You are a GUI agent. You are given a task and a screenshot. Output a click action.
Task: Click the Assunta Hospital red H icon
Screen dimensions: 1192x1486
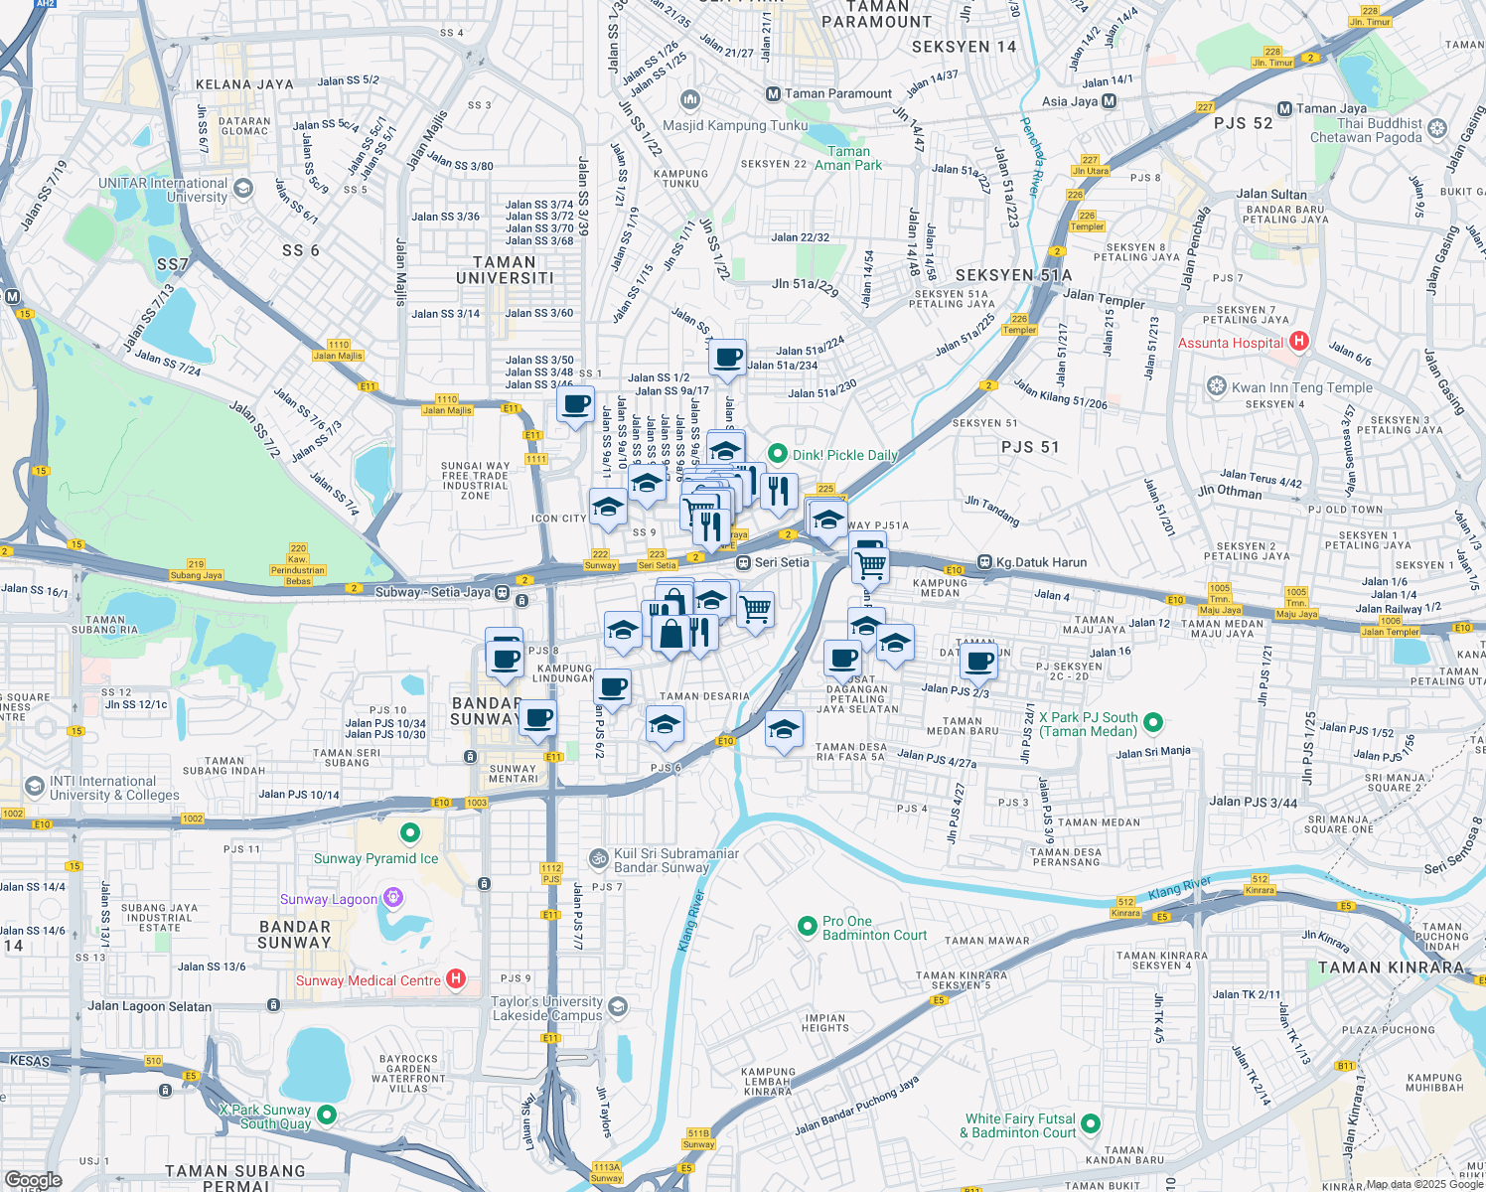[1298, 343]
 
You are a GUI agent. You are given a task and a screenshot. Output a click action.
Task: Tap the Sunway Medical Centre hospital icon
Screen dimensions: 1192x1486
[456, 980]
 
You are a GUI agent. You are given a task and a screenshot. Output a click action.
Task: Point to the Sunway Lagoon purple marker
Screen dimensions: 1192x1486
[393, 899]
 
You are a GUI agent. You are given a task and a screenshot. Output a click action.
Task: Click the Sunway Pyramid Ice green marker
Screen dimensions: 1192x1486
[409, 832]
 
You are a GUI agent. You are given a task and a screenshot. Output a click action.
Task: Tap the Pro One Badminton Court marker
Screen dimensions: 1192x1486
[808, 927]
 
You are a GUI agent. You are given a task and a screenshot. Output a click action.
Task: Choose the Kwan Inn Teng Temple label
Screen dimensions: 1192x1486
[1301, 387]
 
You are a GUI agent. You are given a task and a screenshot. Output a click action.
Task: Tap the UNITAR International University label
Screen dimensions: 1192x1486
[163, 190]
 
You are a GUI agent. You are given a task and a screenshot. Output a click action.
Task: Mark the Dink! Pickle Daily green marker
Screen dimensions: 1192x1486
[779, 454]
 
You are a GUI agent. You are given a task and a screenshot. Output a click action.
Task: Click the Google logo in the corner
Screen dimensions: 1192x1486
[33, 1180]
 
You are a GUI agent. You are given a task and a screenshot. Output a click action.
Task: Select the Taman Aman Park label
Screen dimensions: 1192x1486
[848, 158]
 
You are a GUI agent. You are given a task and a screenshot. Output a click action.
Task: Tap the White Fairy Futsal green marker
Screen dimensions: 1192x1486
[1091, 1123]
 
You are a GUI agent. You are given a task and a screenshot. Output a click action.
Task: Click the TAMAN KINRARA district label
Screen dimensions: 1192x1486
[1390, 968]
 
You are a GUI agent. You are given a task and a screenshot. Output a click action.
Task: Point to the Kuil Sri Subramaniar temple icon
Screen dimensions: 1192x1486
[599, 857]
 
